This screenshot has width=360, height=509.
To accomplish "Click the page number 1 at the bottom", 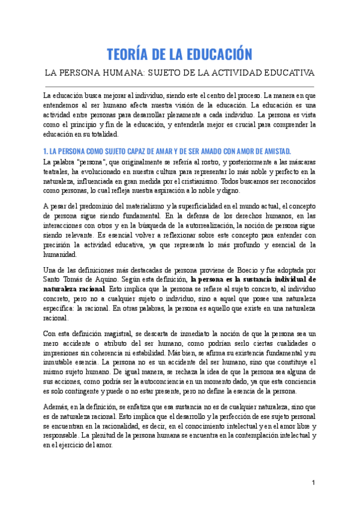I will pyautogui.click(x=313, y=483).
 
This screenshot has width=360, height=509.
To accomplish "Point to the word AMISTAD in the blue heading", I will pyautogui.click(x=271, y=150).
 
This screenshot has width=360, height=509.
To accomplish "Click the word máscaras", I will pyautogui.click(x=296, y=162).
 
